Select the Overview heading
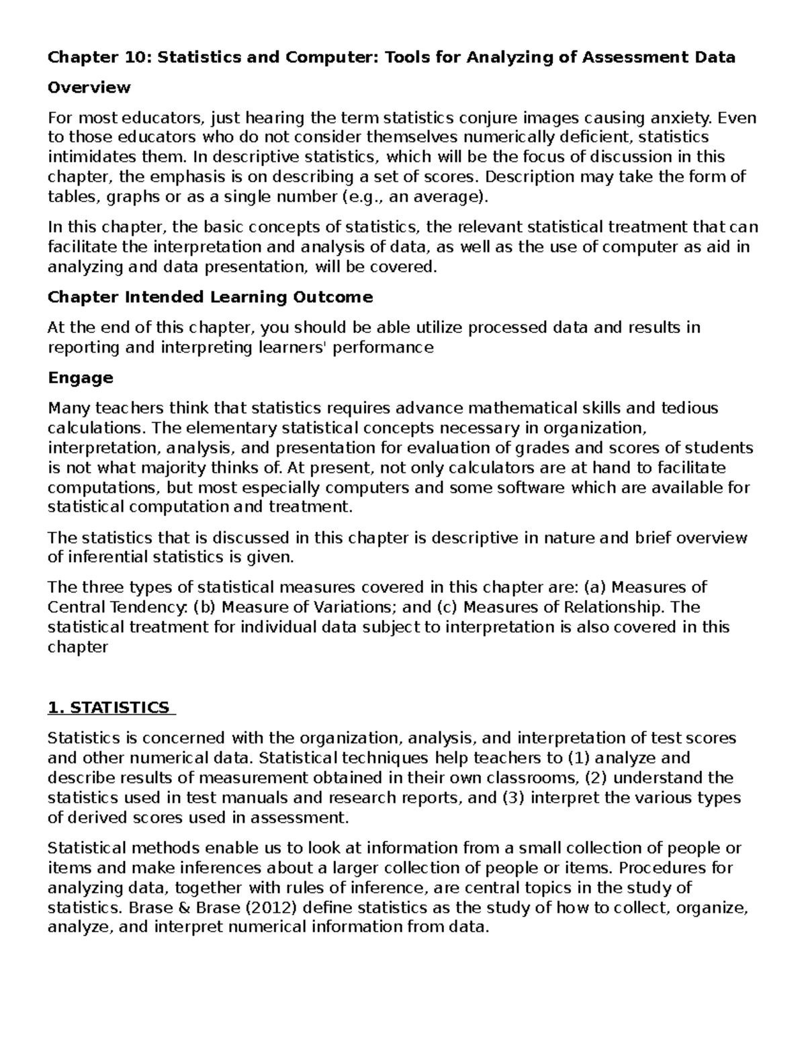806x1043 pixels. pos(89,87)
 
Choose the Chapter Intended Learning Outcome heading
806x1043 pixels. pos(210,297)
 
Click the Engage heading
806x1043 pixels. pos(81,377)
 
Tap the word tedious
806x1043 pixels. pos(690,408)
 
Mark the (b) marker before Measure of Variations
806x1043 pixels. pos(205,607)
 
